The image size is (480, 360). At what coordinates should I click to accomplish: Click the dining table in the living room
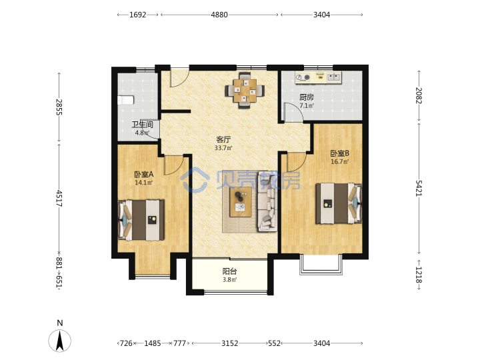(x=245, y=91)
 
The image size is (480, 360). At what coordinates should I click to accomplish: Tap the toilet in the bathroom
(x=126, y=100)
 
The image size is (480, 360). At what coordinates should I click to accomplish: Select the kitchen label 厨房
(x=307, y=97)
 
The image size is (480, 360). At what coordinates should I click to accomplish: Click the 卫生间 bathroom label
(x=143, y=125)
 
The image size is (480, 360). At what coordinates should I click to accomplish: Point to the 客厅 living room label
(x=223, y=139)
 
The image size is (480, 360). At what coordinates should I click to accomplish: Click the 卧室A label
(x=143, y=175)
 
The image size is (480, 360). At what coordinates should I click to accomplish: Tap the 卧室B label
(x=340, y=153)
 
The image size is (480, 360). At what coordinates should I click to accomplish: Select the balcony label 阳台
(x=229, y=271)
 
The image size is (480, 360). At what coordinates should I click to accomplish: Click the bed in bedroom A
(x=141, y=220)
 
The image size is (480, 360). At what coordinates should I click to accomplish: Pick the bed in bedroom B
(x=339, y=203)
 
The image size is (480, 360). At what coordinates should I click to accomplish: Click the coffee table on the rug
(x=241, y=202)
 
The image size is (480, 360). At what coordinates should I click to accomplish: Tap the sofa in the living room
(x=267, y=201)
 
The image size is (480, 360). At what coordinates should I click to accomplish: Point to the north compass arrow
(x=60, y=341)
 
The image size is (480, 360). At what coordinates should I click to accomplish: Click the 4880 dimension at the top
(x=219, y=15)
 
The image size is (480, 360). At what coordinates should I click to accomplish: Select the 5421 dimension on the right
(x=419, y=188)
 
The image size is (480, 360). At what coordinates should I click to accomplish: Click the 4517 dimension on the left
(x=59, y=198)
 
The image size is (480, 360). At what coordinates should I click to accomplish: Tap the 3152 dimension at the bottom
(x=229, y=343)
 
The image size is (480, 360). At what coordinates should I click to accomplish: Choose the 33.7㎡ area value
(x=223, y=148)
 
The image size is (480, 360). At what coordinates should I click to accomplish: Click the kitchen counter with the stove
(x=318, y=77)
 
